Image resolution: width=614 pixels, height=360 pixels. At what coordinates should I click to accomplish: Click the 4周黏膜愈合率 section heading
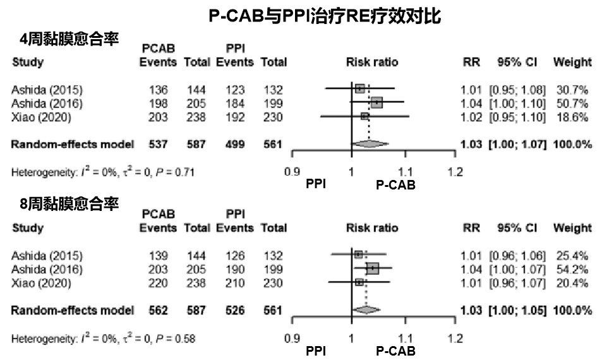(x=69, y=39)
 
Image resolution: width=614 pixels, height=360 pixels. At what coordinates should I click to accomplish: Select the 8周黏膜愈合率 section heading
(x=69, y=205)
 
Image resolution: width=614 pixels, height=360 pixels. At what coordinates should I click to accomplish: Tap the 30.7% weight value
(x=572, y=89)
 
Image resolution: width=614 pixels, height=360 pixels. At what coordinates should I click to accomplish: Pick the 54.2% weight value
(x=572, y=270)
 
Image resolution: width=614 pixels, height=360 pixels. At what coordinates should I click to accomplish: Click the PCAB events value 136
(x=158, y=89)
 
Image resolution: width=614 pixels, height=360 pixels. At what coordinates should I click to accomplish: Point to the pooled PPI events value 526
(x=235, y=310)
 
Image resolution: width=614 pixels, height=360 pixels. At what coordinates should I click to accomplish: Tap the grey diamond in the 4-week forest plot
(x=370, y=145)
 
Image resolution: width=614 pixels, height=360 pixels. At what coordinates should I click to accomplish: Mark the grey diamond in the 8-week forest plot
(x=366, y=310)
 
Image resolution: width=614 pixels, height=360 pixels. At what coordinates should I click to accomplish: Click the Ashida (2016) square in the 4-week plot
(x=377, y=103)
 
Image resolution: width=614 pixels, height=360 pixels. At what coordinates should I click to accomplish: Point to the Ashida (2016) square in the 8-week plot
(x=373, y=269)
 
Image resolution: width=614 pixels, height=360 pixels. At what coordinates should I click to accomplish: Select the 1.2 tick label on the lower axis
(x=455, y=338)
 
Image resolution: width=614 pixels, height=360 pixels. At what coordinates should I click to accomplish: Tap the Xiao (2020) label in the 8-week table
(x=42, y=284)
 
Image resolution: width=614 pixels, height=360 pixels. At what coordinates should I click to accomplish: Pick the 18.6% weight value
(x=572, y=117)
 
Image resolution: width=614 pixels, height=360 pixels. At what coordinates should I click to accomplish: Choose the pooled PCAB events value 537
(x=158, y=145)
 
